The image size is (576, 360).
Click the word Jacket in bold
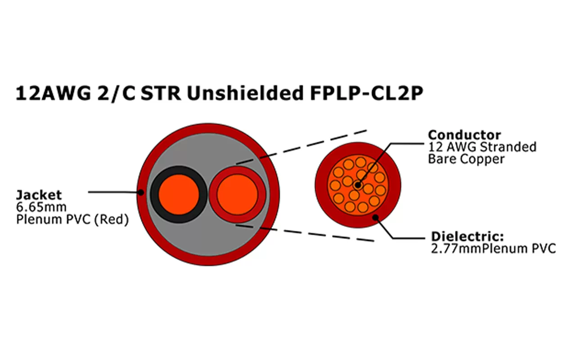pos(39,195)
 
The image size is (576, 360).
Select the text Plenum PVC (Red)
pos(72,220)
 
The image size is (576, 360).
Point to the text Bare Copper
pos(466,159)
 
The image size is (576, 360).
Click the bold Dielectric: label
pos(468,237)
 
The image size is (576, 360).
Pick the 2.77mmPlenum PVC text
pos(493,248)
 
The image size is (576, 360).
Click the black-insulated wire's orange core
pos(179,194)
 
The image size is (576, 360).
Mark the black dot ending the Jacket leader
pos(141,193)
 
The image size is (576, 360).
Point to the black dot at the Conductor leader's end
pos(358,184)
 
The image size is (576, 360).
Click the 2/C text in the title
pos(117,93)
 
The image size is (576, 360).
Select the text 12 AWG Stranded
pos(482,147)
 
